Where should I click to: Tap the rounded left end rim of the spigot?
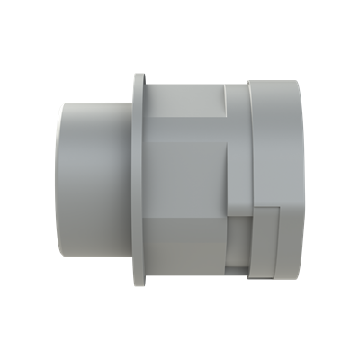coord(59,179)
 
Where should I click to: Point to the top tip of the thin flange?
coord(138,76)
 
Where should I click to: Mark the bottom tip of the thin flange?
coord(138,284)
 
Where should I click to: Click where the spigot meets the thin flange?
coord(132,180)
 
